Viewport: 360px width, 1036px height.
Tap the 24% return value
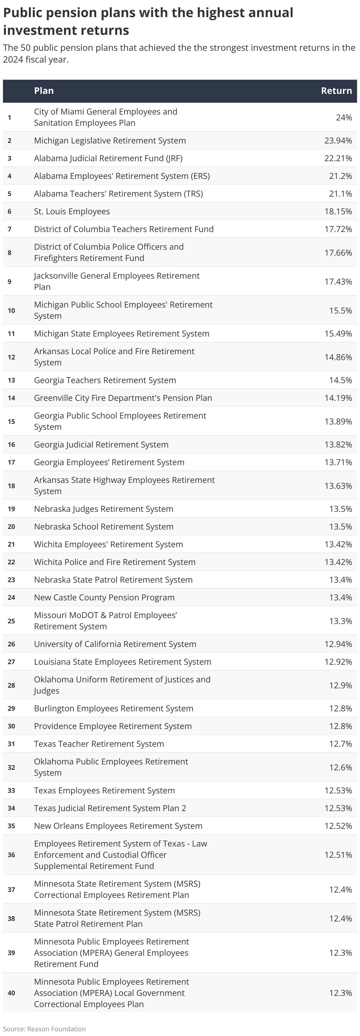point(343,117)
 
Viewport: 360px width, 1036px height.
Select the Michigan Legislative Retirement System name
point(110,141)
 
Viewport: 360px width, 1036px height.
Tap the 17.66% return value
point(338,253)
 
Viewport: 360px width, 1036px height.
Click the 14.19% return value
point(338,398)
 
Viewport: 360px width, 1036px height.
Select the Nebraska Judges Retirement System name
point(103,509)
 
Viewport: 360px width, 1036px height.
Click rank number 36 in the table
point(11,854)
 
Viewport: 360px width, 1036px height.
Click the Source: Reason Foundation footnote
point(44,1029)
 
